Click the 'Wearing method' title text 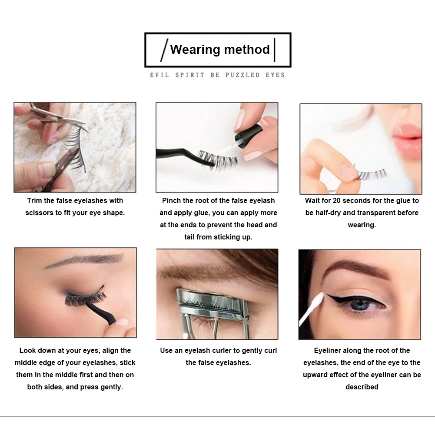[x=220, y=50]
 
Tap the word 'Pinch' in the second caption [x=172, y=201]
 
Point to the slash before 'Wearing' [x=164, y=50]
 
